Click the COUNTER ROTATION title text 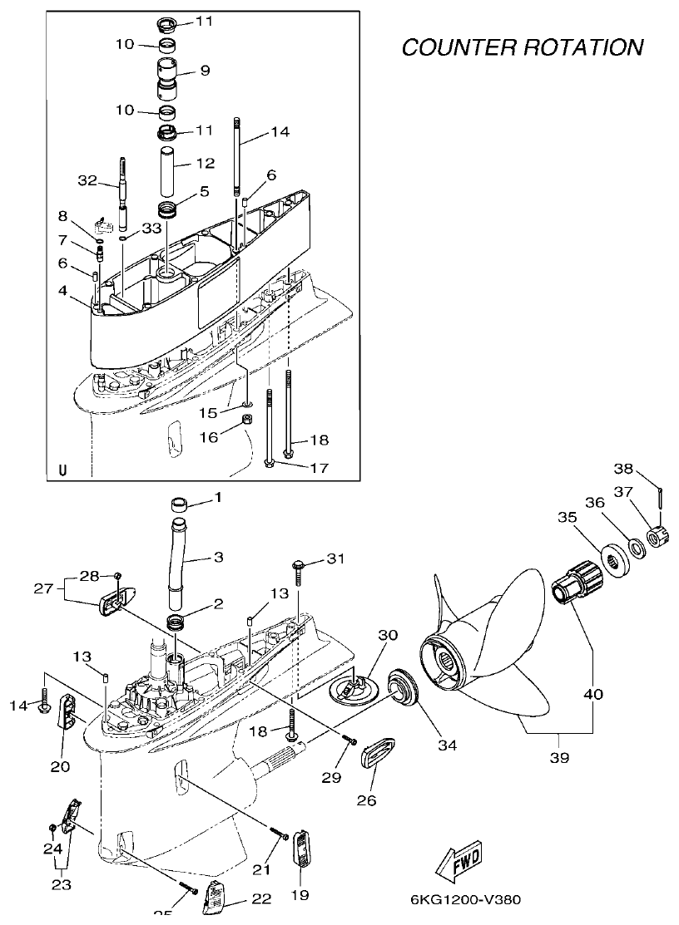522,47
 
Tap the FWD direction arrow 458,861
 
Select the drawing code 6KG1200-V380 466,899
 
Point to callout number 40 592,694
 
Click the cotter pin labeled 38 658,496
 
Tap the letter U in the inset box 62,470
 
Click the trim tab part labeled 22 218,896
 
